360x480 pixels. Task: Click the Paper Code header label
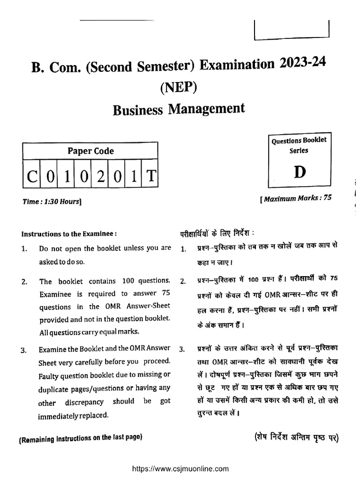tap(91, 151)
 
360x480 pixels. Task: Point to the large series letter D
tap(300, 172)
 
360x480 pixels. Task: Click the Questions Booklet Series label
tap(299, 145)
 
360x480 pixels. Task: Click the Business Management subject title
tap(179, 110)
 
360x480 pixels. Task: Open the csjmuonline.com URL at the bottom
tap(180, 468)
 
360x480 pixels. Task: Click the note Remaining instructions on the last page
tap(80, 438)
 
